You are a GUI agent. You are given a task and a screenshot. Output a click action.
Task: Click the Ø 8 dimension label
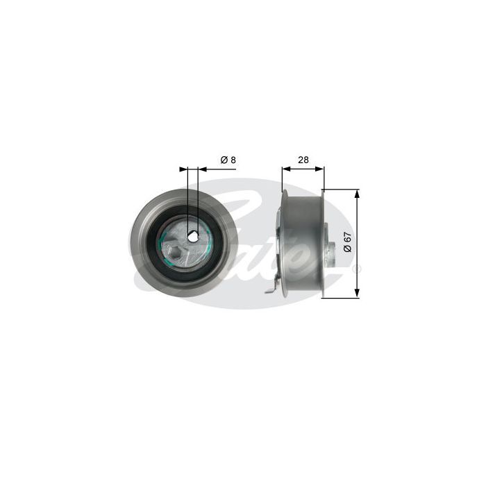click(x=228, y=160)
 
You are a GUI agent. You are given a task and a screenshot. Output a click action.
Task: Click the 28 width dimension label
click(x=303, y=160)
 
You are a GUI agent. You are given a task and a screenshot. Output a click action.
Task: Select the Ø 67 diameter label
click(x=348, y=242)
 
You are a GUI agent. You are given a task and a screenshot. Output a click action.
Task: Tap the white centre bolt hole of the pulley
click(x=192, y=237)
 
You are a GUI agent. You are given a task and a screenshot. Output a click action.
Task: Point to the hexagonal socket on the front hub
click(x=176, y=252)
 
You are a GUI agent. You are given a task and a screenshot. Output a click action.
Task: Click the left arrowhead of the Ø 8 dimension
click(x=183, y=169)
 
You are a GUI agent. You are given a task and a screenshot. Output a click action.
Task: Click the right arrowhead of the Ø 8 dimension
click(x=202, y=169)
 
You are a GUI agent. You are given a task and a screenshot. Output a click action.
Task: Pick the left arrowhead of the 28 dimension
click(x=286, y=169)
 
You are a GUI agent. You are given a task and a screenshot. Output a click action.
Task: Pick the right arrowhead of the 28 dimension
click(x=319, y=169)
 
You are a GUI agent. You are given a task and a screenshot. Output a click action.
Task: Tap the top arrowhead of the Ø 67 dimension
click(x=357, y=194)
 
